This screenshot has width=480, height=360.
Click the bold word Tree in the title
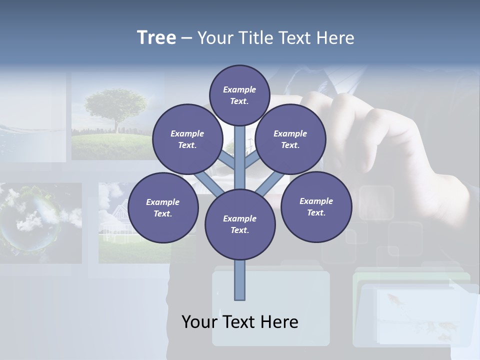point(156,37)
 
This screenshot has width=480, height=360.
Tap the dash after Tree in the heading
point(186,38)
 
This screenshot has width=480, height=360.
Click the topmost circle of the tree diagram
point(240,95)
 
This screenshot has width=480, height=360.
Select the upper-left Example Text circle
point(187,139)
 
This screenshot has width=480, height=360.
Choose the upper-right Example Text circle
point(290,139)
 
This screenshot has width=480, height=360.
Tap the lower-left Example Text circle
point(163,207)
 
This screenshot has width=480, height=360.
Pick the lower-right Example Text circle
point(316,206)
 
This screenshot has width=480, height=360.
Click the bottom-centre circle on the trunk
point(240,224)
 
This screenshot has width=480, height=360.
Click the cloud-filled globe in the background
point(30,220)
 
